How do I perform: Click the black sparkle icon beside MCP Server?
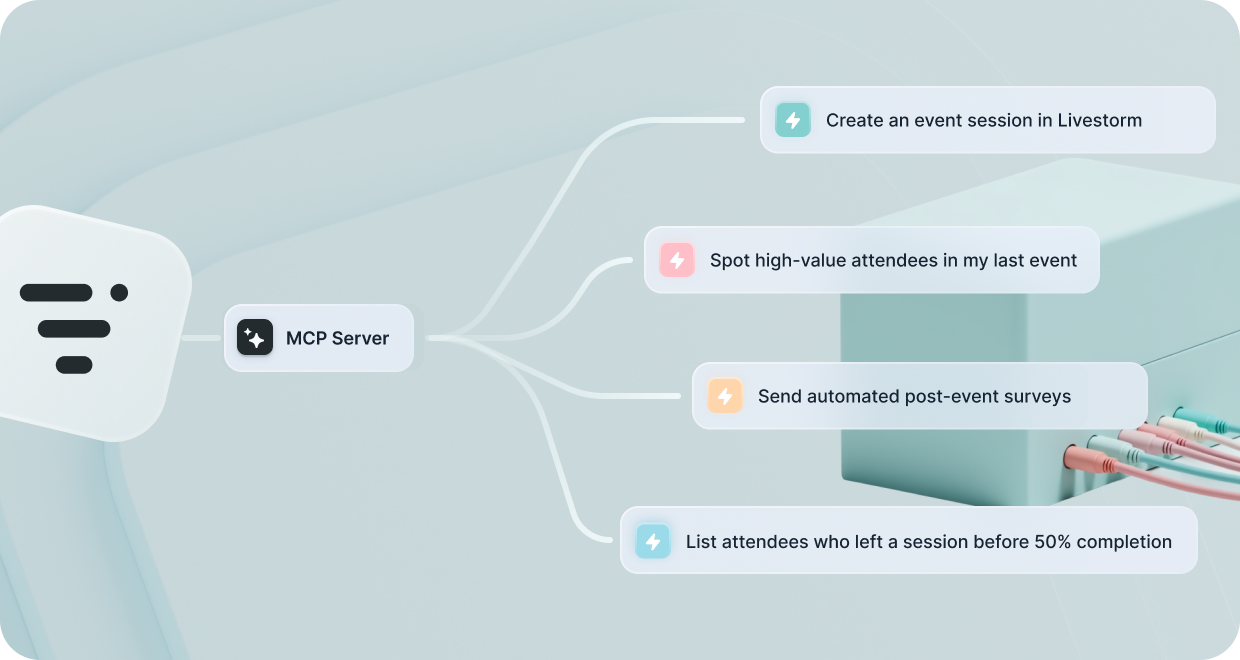click(255, 337)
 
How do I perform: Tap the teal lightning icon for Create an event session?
click(793, 120)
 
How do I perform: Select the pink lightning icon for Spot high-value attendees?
click(676, 260)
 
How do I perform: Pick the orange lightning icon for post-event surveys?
click(725, 396)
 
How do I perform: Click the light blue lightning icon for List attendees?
click(653, 541)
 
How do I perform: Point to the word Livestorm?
click(1099, 120)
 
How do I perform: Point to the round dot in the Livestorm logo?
click(119, 292)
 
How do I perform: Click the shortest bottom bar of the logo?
click(74, 365)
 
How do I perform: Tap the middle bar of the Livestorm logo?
click(74, 329)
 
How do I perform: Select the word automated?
click(852, 396)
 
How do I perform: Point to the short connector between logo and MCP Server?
click(200, 338)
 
